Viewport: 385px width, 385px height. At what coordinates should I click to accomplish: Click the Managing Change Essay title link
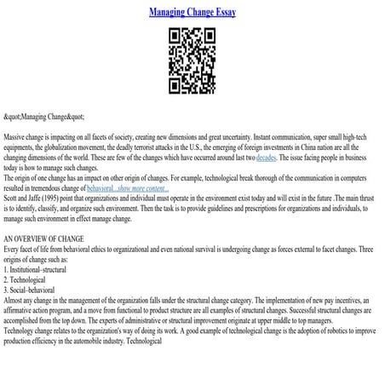pyautogui.click(x=192, y=13)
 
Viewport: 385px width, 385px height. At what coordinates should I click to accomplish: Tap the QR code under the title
pyautogui.click(x=192, y=60)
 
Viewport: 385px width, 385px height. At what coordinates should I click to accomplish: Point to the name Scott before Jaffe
pyautogui.click(x=12, y=196)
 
